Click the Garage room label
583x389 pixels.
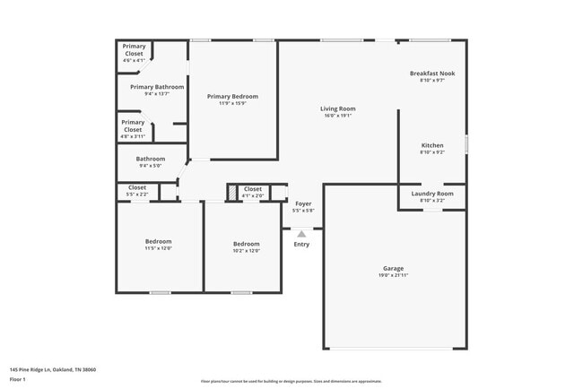[x=393, y=268]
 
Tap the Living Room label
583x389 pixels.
[x=337, y=108]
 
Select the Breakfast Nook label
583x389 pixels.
[x=432, y=73]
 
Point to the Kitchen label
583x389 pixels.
[x=432, y=145]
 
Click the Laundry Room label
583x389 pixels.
[x=432, y=193]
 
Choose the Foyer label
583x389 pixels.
[x=303, y=203]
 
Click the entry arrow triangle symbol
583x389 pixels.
[x=301, y=234]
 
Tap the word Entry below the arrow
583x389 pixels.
[x=301, y=244]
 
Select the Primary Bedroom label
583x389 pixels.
[x=232, y=96]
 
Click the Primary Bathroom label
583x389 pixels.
[x=157, y=87]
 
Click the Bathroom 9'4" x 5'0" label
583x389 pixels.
[x=151, y=159]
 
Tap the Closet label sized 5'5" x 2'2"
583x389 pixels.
[x=137, y=188]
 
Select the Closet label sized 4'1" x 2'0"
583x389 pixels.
[x=253, y=189]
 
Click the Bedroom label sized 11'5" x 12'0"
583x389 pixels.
[x=159, y=241]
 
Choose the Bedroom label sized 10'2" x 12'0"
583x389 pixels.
[x=247, y=244]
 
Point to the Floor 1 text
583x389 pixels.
[x=18, y=379]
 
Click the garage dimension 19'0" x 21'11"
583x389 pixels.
[x=393, y=275]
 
